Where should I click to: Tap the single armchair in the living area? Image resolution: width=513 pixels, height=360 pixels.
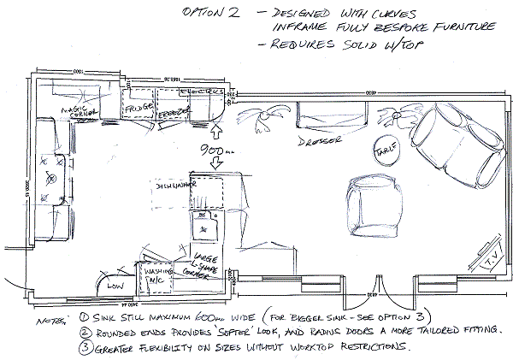point(374,201)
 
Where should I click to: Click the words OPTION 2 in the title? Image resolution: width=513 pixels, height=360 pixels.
point(208,15)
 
